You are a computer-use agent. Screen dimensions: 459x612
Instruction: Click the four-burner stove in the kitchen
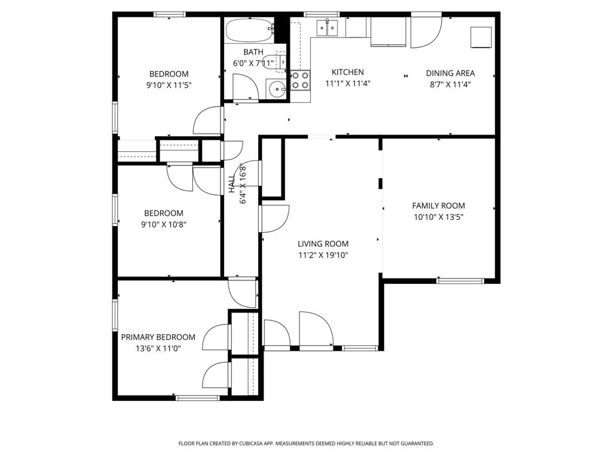point(300,80)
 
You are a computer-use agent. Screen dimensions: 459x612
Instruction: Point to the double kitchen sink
point(328,27)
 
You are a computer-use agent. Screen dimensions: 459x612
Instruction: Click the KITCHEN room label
point(347,72)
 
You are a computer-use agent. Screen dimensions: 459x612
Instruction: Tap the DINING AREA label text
point(450,74)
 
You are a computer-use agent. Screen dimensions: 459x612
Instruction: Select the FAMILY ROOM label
point(438,206)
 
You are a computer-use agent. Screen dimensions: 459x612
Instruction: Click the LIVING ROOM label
point(323,244)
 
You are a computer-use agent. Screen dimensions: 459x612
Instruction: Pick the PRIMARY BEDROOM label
point(158,337)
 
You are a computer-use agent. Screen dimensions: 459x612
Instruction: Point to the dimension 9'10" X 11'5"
point(169,85)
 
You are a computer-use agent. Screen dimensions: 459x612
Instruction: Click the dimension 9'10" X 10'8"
point(164,224)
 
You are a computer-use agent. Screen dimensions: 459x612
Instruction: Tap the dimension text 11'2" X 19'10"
point(323,255)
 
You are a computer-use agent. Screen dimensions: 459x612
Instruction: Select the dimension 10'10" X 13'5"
point(438,217)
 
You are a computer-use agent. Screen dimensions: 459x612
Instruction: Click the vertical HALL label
point(231,183)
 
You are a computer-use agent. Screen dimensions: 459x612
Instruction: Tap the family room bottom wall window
point(460,280)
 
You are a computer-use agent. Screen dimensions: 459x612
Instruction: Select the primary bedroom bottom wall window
point(198,397)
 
